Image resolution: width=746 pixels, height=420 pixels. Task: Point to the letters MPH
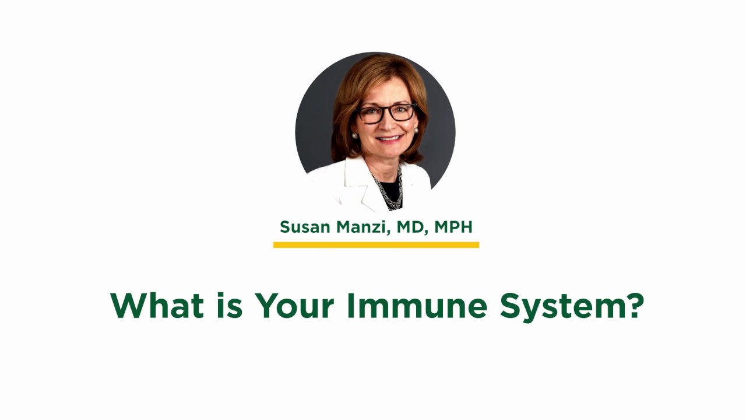coord(453,227)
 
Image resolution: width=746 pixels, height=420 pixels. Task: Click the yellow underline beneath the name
coord(376,245)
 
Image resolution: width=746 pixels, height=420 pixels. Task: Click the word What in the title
coord(157,305)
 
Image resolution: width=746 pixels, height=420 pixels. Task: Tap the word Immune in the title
coord(416,305)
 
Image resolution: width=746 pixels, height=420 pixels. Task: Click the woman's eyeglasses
coord(386,113)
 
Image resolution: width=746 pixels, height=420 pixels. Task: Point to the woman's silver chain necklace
coord(390,190)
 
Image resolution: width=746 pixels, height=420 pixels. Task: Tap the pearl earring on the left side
coord(354,136)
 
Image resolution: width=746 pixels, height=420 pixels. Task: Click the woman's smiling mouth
coord(389,139)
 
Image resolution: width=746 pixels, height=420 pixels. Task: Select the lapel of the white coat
coord(364,187)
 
